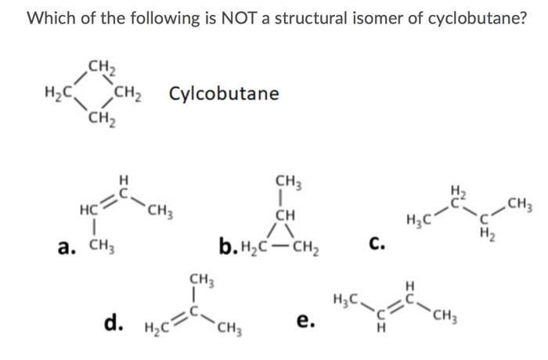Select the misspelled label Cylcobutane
tap(223, 94)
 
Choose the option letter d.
tap(113, 321)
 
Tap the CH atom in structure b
tap(284, 213)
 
